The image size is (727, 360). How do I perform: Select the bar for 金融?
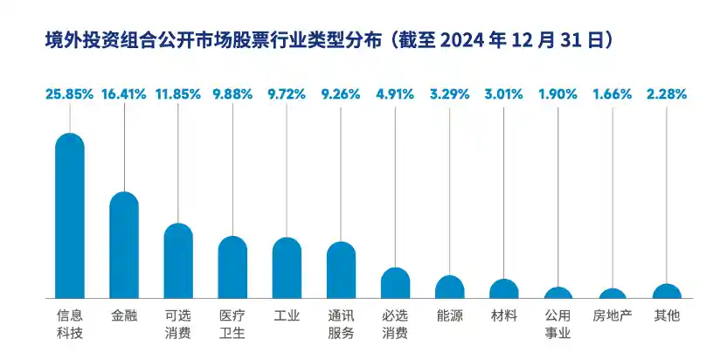pos(124,246)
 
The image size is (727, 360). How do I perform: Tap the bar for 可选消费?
pos(178,261)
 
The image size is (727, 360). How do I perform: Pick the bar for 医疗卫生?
pos(232,267)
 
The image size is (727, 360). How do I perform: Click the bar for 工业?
pos(287,268)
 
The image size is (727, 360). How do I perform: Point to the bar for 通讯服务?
pos(341,271)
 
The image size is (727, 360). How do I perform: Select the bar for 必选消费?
pos(395,284)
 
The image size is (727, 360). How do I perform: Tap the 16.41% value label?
pos(123,94)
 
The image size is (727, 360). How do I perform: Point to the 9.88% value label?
pos(232,94)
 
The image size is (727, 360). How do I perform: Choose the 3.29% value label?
pos(449,94)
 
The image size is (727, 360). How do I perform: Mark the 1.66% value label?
pos(612,94)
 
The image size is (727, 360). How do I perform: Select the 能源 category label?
pos(449,315)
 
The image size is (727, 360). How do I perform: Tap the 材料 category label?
pos(503,315)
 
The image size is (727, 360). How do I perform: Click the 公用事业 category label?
pos(557,323)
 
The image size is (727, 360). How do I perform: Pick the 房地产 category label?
pos(612,315)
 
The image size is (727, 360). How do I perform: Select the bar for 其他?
pos(667,292)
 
